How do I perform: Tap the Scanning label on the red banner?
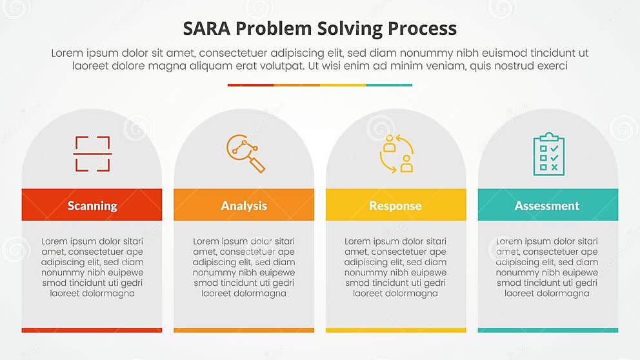pos(92,206)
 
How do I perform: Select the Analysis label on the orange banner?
pos(244,206)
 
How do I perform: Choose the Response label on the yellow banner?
pos(395,206)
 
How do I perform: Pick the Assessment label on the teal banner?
pos(547,206)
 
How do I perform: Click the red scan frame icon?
pos(92,154)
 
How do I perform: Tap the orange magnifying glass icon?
pos(245,154)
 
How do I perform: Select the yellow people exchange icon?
pos(396,154)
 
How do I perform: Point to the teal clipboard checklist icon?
pos(548,154)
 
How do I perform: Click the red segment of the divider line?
pos(250,85)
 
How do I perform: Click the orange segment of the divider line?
pos(297,85)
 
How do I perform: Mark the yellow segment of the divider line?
pos(343,85)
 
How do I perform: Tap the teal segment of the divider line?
pos(389,85)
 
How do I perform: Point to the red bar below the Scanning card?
pos(92,330)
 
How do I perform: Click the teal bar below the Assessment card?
pos(548,330)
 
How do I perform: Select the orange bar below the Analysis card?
pos(244,330)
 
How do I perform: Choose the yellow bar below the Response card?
pos(395,330)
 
